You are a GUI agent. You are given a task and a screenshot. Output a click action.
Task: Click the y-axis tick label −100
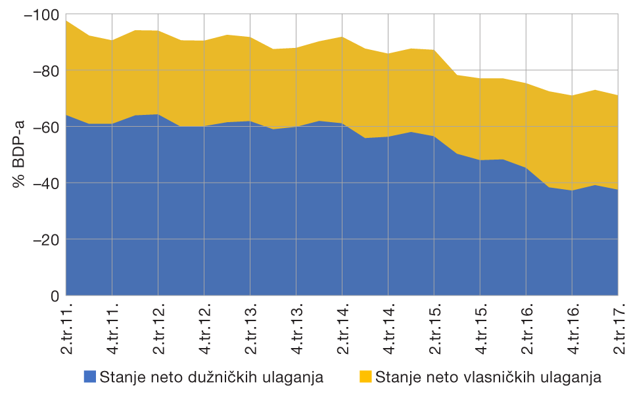coord(41,14)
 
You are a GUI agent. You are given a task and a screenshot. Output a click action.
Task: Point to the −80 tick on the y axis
coord(44,70)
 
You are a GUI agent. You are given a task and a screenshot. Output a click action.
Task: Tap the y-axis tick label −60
coord(44,127)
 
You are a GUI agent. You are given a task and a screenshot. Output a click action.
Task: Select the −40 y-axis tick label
coord(44,183)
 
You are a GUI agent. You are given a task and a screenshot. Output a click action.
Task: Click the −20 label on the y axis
coord(44,240)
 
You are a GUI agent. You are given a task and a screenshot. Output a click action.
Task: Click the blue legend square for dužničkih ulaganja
coord(89,377)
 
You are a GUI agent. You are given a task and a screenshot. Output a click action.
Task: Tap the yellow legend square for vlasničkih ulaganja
coord(366,377)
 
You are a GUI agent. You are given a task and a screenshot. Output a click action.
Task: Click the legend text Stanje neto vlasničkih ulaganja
coord(488,377)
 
